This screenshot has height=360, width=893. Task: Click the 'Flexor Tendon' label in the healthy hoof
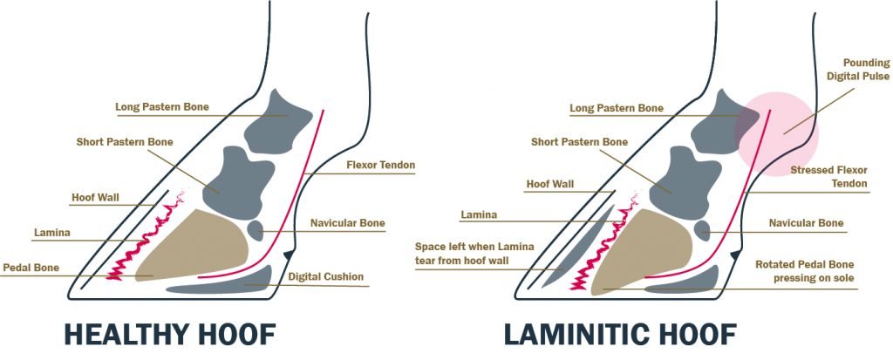[380, 164]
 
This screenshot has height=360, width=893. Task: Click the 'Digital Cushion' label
[325, 278]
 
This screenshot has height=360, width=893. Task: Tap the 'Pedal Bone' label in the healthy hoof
[31, 267]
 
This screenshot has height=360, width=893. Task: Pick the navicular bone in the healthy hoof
[256, 231]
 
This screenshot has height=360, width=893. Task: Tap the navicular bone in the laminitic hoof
[702, 230]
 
